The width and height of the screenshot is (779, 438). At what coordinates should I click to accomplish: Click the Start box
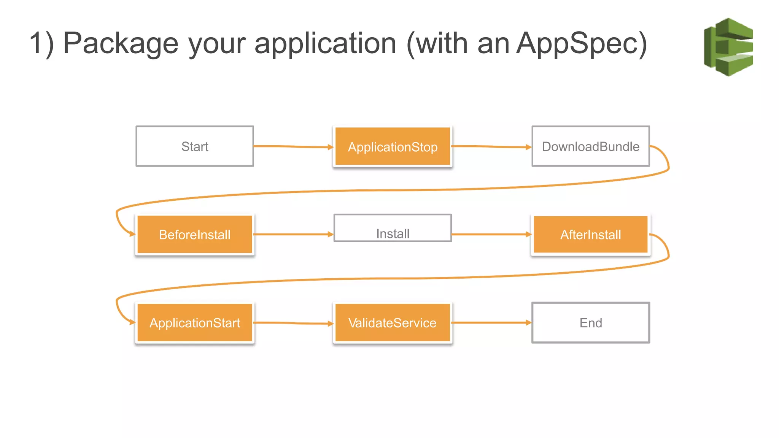194,146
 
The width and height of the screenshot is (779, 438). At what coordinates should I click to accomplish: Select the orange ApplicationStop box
393,147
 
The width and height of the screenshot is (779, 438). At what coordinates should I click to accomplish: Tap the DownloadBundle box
590,146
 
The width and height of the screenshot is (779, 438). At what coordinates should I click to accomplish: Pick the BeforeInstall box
194,235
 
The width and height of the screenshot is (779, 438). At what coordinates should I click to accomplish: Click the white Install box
393,229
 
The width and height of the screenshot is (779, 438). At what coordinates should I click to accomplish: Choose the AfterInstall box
590,235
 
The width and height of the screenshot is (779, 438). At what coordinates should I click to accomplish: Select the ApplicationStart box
194,323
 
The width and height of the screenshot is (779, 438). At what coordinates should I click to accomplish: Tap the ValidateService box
393,323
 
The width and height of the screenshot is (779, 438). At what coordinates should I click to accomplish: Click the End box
590,323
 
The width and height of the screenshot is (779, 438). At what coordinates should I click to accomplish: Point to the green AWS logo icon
729,47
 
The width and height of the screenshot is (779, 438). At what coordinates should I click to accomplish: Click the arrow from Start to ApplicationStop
293,146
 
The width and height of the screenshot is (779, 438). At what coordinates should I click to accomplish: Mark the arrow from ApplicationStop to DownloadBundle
491,146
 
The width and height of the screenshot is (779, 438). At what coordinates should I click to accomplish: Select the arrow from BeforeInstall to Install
293,235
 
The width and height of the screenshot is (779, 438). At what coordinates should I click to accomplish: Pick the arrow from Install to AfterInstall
491,235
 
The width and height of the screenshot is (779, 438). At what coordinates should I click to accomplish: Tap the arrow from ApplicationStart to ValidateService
293,323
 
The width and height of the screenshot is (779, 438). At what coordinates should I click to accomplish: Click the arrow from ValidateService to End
491,323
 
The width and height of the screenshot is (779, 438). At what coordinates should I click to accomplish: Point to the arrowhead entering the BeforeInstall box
132,233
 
